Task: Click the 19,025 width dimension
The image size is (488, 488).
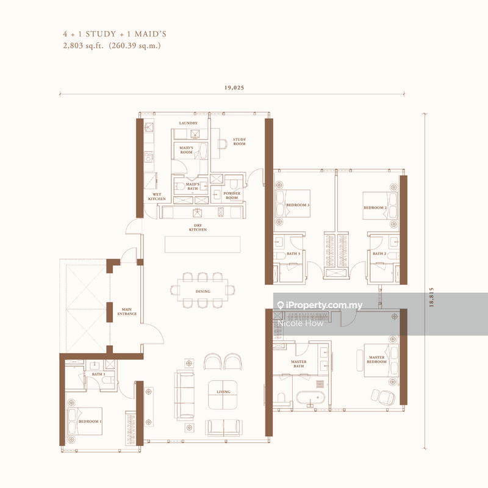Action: tap(234, 87)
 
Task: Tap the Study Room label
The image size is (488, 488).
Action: tap(239, 142)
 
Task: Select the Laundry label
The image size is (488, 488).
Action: tap(188, 123)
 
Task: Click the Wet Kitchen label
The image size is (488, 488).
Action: tap(157, 196)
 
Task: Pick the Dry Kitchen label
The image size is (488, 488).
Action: tap(198, 228)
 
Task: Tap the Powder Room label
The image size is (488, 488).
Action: tap(231, 195)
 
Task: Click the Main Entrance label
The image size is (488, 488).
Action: tap(128, 312)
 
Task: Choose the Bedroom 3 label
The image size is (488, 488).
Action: tap(298, 206)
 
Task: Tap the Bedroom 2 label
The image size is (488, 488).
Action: tap(375, 207)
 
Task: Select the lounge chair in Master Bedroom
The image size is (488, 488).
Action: tap(382, 395)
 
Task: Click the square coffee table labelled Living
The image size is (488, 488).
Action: tap(223, 393)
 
